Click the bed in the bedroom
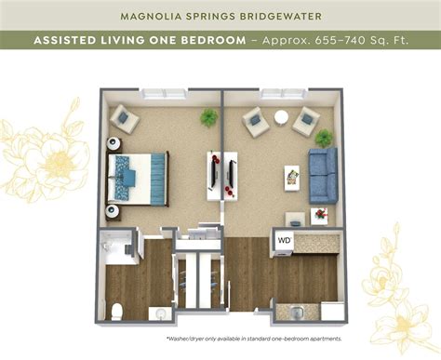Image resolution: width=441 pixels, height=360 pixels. click(x=138, y=179)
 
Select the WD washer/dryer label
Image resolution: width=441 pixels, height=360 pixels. click(x=284, y=240)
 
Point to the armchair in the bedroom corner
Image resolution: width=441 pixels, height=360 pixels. click(x=124, y=118)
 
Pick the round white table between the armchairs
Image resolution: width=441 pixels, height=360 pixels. click(x=280, y=117)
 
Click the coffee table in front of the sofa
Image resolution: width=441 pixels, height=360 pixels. click(x=291, y=177)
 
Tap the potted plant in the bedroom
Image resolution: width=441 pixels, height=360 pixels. click(x=209, y=117)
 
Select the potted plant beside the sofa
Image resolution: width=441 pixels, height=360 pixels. click(x=323, y=138)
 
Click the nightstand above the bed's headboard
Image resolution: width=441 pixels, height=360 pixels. click(x=114, y=144)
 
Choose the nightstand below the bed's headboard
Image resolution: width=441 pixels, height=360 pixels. click(x=114, y=212)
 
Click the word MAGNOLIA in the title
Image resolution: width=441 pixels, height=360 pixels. click(x=155, y=15)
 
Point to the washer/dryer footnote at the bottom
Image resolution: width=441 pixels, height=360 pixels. click(x=256, y=339)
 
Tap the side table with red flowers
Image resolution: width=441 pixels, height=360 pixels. click(x=320, y=214)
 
